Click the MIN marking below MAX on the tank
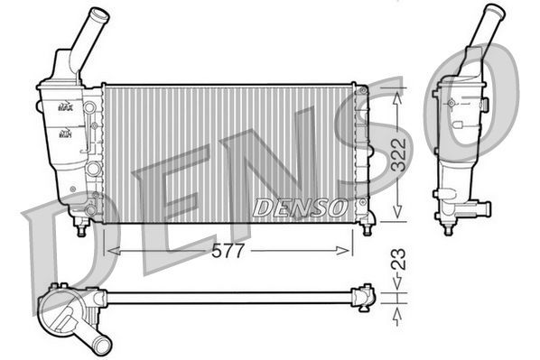(65, 134)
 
